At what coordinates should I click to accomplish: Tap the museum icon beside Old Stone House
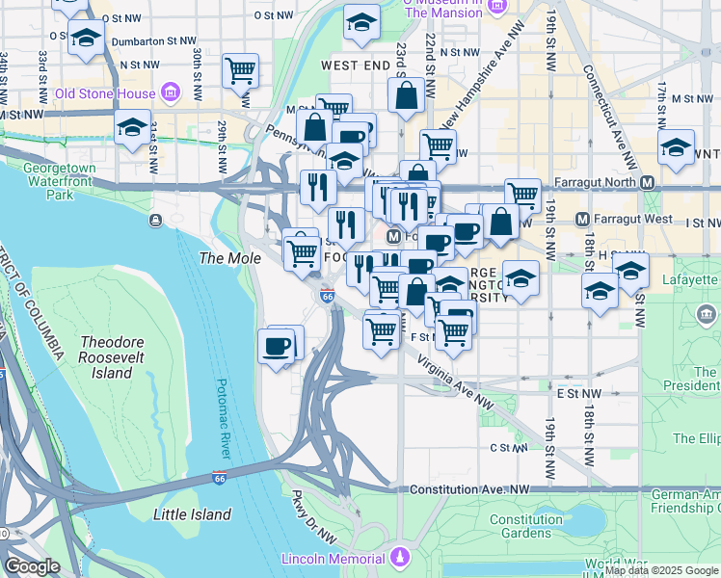coord(171,92)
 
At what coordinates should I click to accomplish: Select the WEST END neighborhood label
coord(354,66)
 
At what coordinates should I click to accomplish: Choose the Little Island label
coord(193,514)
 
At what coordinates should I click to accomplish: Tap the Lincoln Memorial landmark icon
coord(399,558)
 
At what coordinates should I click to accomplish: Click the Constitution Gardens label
coord(525,526)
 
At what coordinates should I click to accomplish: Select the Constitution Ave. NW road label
coord(471,489)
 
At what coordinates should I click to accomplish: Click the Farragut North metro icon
coord(647,183)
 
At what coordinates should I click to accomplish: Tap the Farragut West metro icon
coord(582,221)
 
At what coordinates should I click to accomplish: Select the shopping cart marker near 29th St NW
coord(240,70)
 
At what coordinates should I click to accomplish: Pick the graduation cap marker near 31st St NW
coord(132,127)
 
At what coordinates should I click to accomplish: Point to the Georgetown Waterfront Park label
coord(60,180)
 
